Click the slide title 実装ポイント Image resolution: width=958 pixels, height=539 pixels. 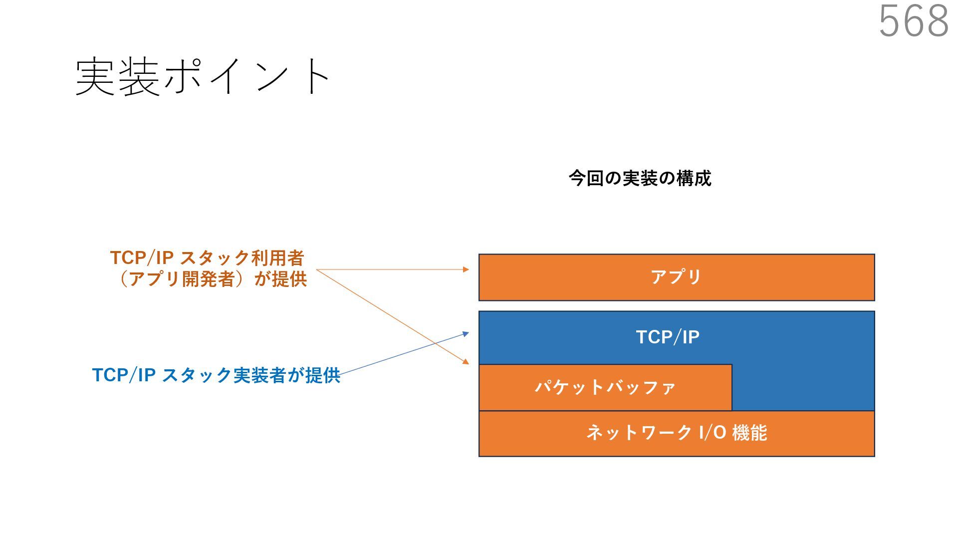pyautogui.click(x=202, y=76)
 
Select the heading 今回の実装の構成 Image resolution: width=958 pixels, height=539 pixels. pyautogui.click(x=640, y=178)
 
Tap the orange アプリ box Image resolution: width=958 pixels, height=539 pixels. pyautogui.click(x=676, y=277)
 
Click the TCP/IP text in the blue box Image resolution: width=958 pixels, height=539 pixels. pyautogui.click(x=668, y=337)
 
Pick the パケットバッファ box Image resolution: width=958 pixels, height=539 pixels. pyautogui.click(x=605, y=387)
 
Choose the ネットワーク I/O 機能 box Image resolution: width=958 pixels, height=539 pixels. pyautogui.click(x=676, y=433)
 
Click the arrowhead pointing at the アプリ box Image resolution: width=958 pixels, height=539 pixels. pyautogui.click(x=466, y=269)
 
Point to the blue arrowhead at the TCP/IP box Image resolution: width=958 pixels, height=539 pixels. pyautogui.click(x=466, y=333)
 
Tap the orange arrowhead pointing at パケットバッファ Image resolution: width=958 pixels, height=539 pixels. pyautogui.click(x=466, y=361)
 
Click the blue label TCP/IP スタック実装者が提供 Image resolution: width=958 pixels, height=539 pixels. pyautogui.click(x=216, y=375)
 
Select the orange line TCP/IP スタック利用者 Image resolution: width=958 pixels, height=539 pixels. pyautogui.click(x=207, y=258)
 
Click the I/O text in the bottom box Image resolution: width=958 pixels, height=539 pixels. pyautogui.click(x=712, y=433)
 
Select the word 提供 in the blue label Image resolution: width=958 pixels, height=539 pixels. pyautogui.click(x=323, y=375)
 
